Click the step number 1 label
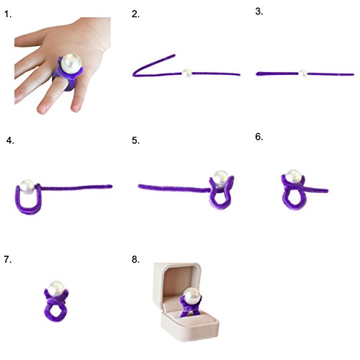point(8,14)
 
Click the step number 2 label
point(135,14)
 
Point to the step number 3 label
point(259,12)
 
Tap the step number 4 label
point(10,140)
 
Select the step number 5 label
point(135,140)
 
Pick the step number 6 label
point(259,137)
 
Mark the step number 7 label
point(8,260)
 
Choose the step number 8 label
point(135,260)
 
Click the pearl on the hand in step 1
point(71,63)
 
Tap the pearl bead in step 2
point(186,73)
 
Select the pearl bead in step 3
point(303,73)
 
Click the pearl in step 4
point(27,186)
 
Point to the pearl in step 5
point(220,179)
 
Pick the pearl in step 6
point(293,177)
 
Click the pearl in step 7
point(56,289)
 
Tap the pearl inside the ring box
point(192,295)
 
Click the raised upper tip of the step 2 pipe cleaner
point(174,55)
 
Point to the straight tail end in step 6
point(326,191)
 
